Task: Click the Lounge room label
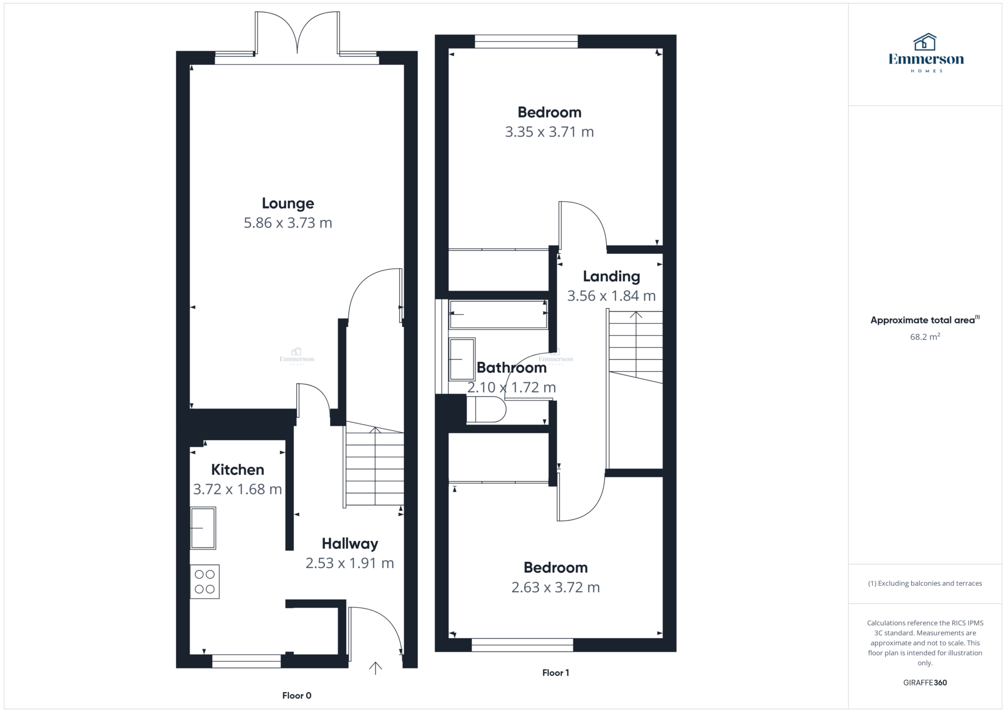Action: click(x=288, y=203)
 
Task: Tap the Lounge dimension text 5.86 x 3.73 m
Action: click(x=288, y=223)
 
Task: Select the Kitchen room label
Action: click(x=238, y=470)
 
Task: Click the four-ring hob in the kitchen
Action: click(x=205, y=582)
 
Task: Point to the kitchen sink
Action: click(x=203, y=528)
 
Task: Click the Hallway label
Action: click(x=350, y=544)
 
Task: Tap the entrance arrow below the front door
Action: click(x=375, y=668)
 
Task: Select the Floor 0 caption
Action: click(x=297, y=695)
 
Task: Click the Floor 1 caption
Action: click(x=556, y=673)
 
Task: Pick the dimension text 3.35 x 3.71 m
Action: click(x=549, y=132)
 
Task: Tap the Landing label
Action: click(x=612, y=277)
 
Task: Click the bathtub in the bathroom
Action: click(x=498, y=314)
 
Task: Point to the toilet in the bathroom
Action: click(x=486, y=409)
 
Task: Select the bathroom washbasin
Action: click(x=462, y=359)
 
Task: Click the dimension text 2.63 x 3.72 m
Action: click(x=556, y=588)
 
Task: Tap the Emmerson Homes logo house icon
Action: click(x=925, y=42)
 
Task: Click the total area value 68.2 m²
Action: click(x=925, y=337)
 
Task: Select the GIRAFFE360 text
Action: click(x=925, y=683)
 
